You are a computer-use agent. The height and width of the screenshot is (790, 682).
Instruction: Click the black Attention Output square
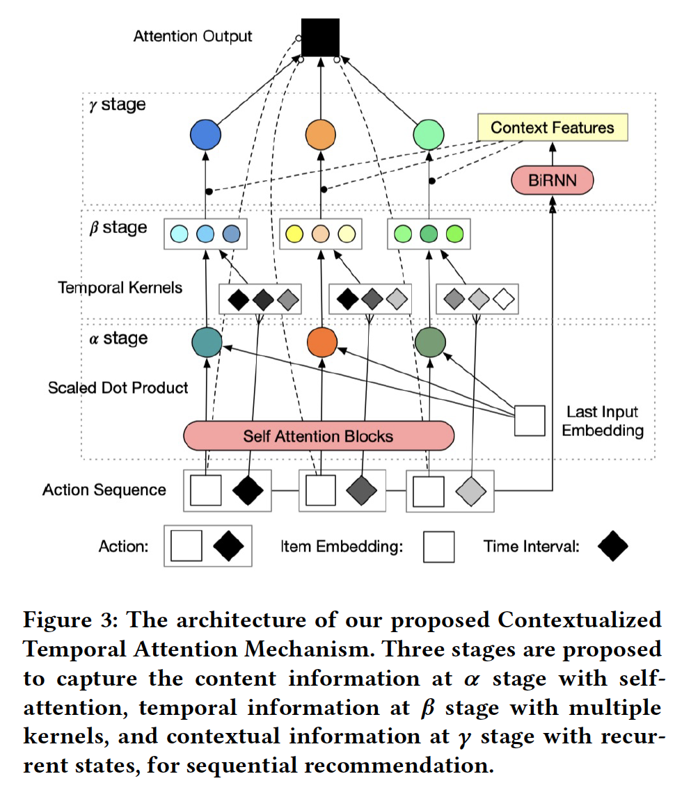[320, 38]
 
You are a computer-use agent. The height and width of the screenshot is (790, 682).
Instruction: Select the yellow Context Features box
[552, 128]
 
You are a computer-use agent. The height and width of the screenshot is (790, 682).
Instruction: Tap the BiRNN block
[552, 182]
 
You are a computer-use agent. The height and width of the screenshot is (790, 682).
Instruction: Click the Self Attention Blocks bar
[318, 437]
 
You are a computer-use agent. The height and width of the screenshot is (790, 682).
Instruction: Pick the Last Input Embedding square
[529, 421]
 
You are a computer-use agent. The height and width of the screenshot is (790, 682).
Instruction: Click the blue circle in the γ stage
[205, 135]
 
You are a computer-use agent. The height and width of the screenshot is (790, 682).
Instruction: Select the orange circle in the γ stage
[321, 135]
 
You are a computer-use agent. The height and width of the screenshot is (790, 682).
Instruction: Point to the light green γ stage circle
[429, 135]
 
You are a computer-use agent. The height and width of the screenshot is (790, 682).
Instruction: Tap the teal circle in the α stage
[207, 342]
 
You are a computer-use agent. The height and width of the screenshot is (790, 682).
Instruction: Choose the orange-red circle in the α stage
[322, 342]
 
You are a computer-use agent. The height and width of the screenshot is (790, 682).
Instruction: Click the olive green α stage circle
[429, 342]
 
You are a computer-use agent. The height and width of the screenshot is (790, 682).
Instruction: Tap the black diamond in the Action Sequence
[248, 491]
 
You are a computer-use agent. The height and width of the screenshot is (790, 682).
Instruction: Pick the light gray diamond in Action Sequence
[471, 491]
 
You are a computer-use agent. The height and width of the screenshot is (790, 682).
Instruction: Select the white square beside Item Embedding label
[438, 547]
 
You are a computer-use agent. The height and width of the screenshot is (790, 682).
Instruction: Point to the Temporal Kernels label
[120, 287]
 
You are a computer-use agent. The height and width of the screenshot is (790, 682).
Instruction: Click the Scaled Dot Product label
[118, 387]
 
